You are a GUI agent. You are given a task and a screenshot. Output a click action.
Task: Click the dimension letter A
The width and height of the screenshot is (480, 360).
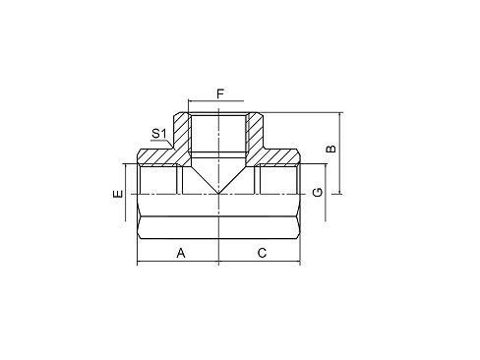click(x=180, y=253)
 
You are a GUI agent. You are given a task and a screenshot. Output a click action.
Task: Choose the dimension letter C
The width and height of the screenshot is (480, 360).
click(x=262, y=253)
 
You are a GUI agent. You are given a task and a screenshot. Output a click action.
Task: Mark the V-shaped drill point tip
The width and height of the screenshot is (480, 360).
click(x=218, y=193)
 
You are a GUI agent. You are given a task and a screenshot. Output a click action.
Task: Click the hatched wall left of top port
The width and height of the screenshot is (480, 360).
click(x=182, y=133)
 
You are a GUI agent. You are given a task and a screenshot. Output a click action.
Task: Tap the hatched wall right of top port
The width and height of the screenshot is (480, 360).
click(x=255, y=133)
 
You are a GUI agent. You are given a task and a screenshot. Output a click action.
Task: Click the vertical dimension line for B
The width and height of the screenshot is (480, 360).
click(x=339, y=152)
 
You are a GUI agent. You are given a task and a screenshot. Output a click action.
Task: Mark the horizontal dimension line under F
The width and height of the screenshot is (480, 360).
click(x=218, y=103)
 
